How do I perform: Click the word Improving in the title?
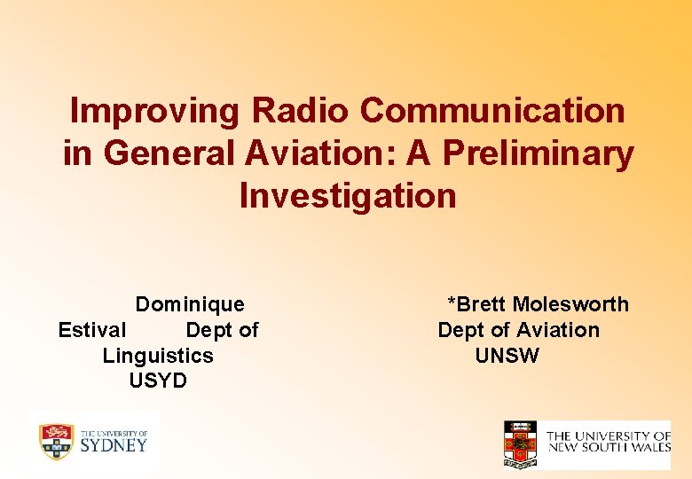click(x=155, y=112)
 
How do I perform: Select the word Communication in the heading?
click(x=493, y=112)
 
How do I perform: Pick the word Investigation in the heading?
click(x=348, y=195)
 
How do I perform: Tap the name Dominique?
click(x=190, y=305)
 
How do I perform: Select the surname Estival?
click(x=92, y=331)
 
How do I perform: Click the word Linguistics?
click(x=158, y=356)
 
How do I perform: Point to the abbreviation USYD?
click(x=158, y=381)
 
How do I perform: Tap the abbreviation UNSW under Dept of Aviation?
click(x=507, y=356)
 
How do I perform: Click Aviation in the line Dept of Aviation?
click(x=557, y=331)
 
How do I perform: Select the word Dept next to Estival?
click(x=209, y=331)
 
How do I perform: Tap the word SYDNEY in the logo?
click(x=114, y=444)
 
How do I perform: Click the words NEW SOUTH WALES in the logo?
click(x=609, y=448)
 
